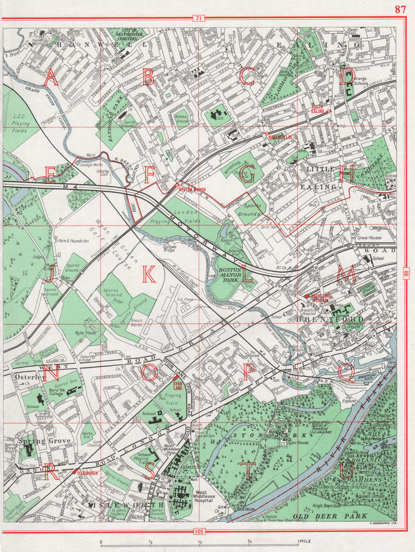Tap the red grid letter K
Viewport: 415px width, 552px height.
pyautogui.click(x=149, y=274)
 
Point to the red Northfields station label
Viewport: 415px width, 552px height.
pyautogui.click(x=281, y=137)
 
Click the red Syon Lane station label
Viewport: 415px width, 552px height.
pyautogui.click(x=178, y=386)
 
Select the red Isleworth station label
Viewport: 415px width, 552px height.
pyautogui.click(x=87, y=473)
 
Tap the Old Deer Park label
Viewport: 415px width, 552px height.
pyautogui.click(x=330, y=515)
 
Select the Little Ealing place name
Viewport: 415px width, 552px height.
pyautogui.click(x=322, y=178)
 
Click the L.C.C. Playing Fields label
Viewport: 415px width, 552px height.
pyautogui.click(x=21, y=124)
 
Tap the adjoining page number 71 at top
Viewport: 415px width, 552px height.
pyautogui.click(x=199, y=18)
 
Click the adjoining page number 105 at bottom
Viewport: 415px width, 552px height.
pyautogui.click(x=199, y=531)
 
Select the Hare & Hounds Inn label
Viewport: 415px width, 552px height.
pyautogui.click(x=73, y=240)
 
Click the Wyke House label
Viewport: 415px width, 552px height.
pyautogui.click(x=85, y=333)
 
